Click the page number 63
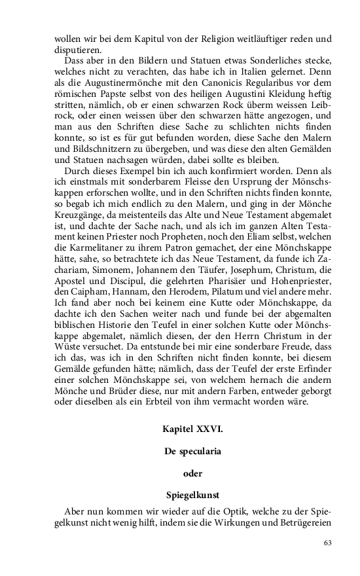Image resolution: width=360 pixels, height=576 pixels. pyautogui.click(x=329, y=543)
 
